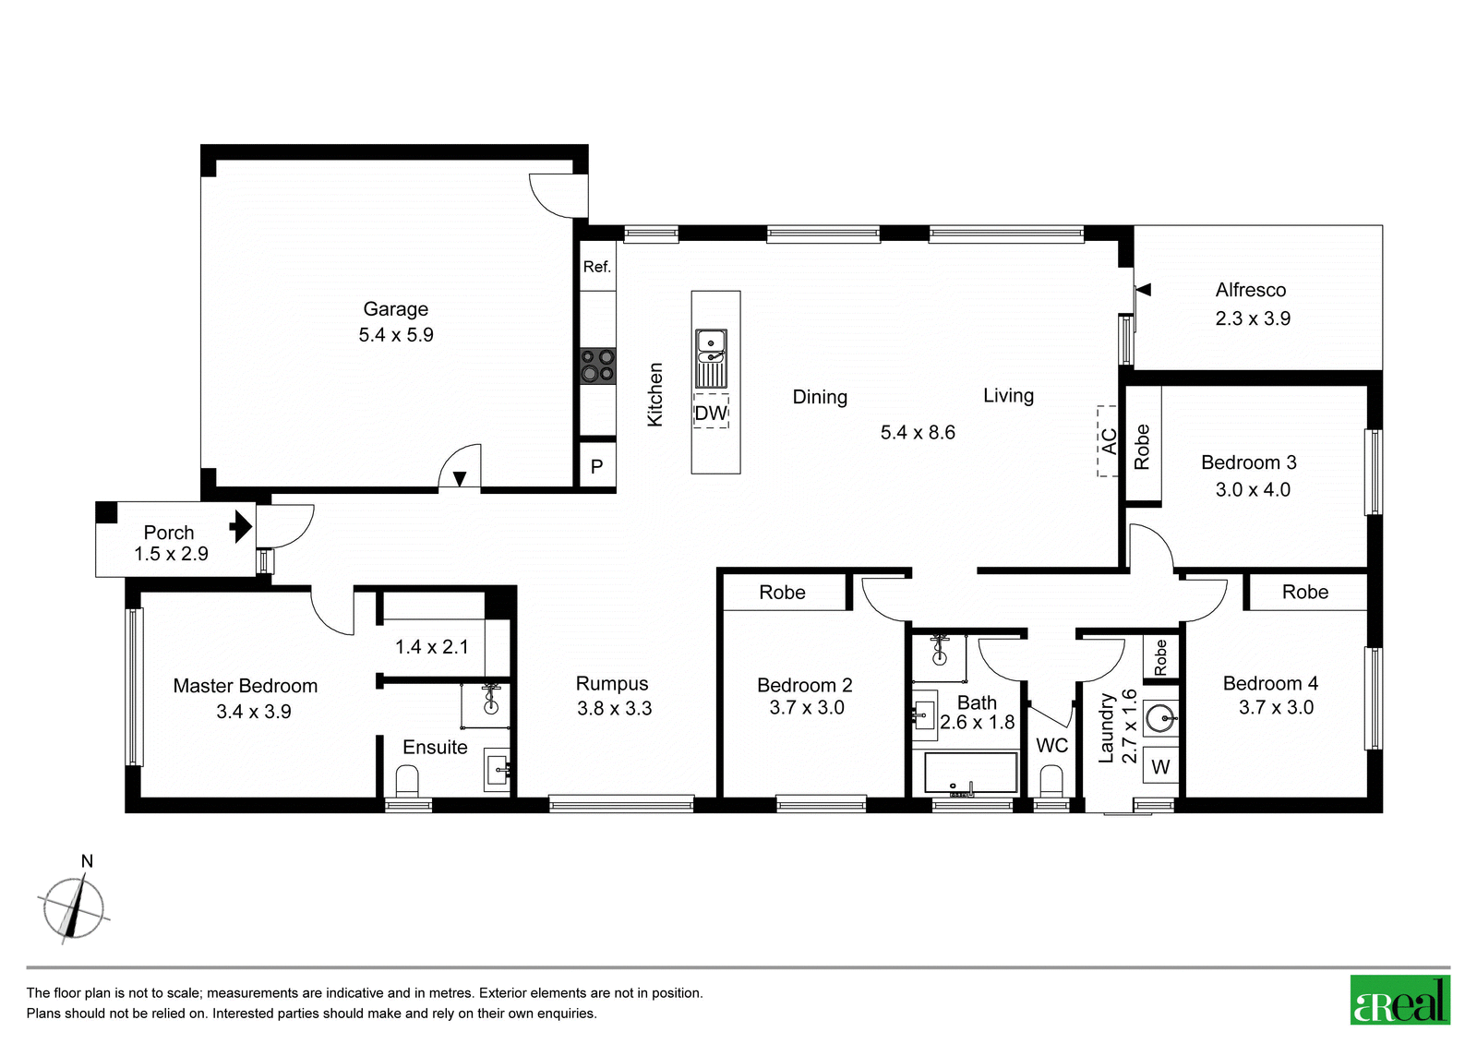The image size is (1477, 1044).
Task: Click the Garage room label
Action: (396, 308)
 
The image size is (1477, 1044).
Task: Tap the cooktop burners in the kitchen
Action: (597, 366)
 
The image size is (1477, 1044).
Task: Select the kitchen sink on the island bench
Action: (711, 359)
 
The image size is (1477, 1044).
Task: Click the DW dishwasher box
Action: (711, 412)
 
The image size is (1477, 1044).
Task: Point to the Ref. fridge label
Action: (597, 267)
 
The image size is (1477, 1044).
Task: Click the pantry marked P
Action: (597, 465)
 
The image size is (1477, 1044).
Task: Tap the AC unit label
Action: (1109, 440)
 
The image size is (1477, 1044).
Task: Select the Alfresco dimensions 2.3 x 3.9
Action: (1253, 318)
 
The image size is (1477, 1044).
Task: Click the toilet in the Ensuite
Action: (407, 781)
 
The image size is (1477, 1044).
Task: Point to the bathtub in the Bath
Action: (970, 773)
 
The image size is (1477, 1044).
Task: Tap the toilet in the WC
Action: (1051, 781)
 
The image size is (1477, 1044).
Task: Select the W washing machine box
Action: (1160, 765)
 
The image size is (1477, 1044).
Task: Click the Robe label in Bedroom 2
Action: (782, 593)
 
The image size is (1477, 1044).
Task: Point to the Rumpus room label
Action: (612, 683)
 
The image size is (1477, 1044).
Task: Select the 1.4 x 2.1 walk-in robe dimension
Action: (432, 646)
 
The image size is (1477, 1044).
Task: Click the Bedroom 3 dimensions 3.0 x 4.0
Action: (1253, 489)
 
